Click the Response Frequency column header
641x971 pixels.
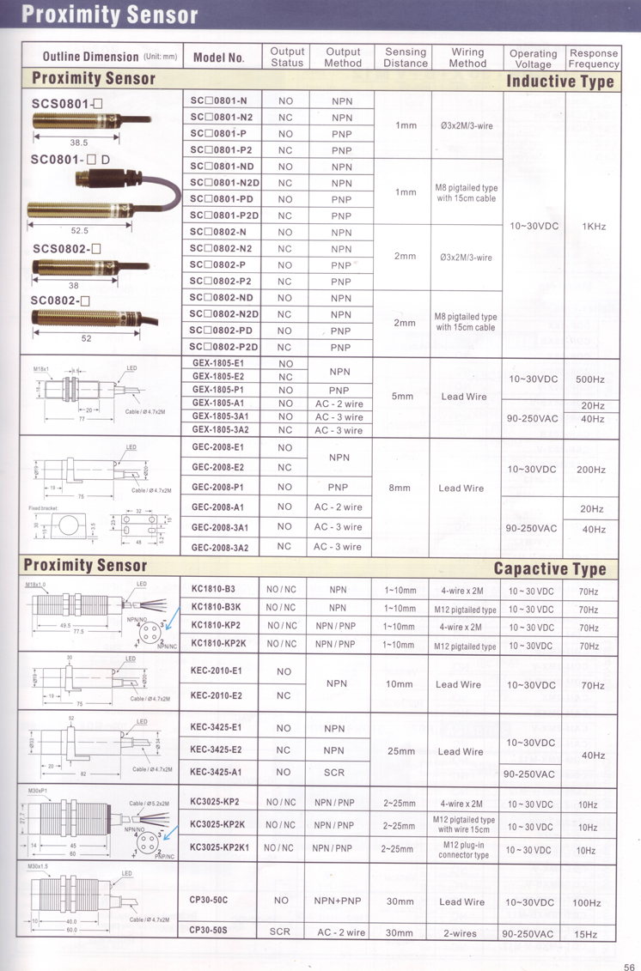(x=593, y=58)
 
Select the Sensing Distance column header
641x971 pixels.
(x=406, y=58)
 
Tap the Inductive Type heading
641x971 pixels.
(x=560, y=82)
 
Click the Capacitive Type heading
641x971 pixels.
(x=550, y=568)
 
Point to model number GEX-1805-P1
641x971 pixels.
(x=217, y=389)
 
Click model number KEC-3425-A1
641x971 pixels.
(x=216, y=772)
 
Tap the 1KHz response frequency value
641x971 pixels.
(x=594, y=226)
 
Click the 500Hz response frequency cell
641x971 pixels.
(x=593, y=379)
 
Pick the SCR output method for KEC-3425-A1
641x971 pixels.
(x=334, y=772)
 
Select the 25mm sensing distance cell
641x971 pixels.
(x=401, y=751)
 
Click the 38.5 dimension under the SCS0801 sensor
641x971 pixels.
(x=79, y=143)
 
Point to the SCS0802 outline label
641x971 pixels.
(x=67, y=249)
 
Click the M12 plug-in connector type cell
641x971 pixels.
(x=463, y=850)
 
